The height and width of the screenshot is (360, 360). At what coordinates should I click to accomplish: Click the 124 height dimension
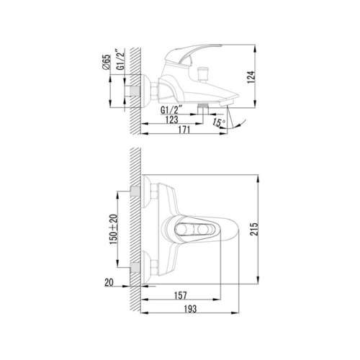tap(251, 77)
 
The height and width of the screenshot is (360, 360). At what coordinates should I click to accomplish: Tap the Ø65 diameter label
tap(107, 62)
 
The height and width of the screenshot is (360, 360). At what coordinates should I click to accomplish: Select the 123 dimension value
tap(172, 120)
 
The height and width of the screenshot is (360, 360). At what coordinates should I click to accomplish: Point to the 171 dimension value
tap(184, 130)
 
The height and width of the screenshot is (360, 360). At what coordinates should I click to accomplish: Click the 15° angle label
tap(219, 122)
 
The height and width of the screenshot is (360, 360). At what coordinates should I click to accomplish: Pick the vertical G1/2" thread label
tap(121, 59)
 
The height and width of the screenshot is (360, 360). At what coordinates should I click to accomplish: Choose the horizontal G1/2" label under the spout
tap(171, 110)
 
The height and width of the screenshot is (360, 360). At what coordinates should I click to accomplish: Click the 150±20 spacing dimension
tap(114, 229)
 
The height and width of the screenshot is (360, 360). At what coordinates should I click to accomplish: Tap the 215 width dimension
tap(254, 229)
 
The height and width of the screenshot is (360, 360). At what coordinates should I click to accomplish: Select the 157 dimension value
tap(180, 295)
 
